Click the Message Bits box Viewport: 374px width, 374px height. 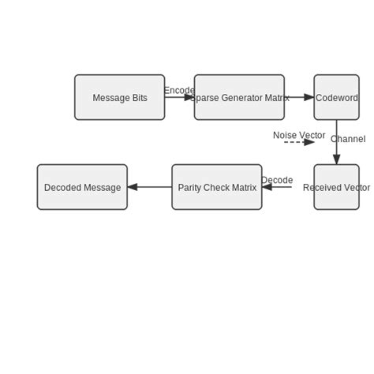(x=120, y=97)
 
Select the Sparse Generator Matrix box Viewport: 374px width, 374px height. (x=239, y=97)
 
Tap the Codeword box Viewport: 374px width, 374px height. (x=336, y=97)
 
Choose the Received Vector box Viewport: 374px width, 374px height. (x=336, y=187)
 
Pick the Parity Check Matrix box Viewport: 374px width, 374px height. (x=217, y=187)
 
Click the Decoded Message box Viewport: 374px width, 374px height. (x=82, y=187)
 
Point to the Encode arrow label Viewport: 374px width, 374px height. (x=179, y=90)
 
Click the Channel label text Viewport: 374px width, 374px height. (x=348, y=139)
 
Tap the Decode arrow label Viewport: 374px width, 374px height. (x=277, y=180)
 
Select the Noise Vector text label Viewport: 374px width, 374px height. (x=299, y=135)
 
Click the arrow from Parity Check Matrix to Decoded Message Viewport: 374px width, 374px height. (x=150, y=187)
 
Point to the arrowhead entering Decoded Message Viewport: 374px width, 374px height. (x=133, y=187)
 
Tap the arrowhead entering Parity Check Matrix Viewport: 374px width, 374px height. (x=267, y=187)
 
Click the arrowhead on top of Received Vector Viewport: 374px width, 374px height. (x=337, y=159)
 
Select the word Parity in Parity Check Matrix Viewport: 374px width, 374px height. (x=190, y=188)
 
